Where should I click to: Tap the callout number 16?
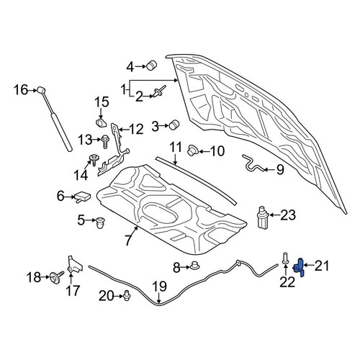21,90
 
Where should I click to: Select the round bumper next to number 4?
152,64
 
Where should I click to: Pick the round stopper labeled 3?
174,125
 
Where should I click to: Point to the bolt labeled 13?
105,142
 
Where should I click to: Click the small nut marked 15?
101,123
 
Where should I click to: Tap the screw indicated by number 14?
94,160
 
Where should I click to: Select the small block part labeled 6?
83,197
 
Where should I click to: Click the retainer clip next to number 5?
100,223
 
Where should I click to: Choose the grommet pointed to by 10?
192,150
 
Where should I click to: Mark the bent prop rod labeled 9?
253,164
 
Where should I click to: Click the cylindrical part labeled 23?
264,217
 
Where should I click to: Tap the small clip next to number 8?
195,266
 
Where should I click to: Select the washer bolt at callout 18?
57,276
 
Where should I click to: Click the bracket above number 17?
74,265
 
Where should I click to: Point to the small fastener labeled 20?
127,295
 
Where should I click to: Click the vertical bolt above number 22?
285,258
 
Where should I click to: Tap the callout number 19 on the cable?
160,287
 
